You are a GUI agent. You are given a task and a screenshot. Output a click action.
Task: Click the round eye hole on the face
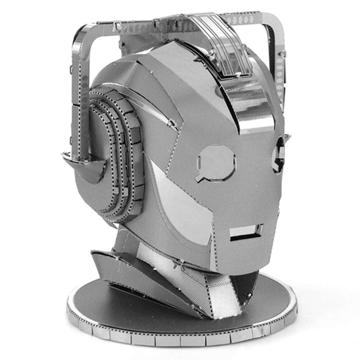pyautogui.click(x=217, y=161)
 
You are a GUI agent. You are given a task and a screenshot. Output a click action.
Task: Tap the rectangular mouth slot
pyautogui.click(x=246, y=232)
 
